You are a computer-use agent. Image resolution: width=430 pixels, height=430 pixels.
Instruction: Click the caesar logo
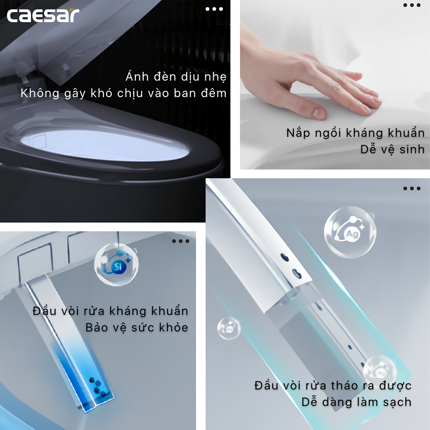coord(43,15)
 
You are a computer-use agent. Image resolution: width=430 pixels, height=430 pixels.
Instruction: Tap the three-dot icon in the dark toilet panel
coord(214,9)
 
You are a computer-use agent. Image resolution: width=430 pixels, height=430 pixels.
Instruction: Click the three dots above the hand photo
coord(412,5)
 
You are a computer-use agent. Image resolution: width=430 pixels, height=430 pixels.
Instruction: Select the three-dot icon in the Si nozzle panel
coord(181,241)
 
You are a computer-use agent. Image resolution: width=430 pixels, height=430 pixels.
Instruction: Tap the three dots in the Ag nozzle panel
coord(412,188)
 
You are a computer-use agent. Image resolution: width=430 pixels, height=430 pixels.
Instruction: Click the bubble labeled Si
coord(116,264)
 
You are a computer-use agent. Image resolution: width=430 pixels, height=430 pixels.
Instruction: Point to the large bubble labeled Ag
coord(350,232)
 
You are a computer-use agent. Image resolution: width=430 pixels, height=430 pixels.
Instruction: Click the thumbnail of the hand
coord(335,85)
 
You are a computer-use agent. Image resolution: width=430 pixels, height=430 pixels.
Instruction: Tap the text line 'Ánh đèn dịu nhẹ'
coord(176,76)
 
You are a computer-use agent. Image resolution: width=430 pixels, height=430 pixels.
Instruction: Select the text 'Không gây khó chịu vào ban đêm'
coord(124,93)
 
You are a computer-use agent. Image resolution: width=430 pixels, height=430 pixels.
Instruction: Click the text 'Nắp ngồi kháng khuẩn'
coord(356,133)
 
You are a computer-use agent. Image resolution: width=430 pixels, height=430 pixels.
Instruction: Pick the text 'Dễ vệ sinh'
coord(393,149)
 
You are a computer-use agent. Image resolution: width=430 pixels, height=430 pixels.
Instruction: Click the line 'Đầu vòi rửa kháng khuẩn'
coord(111,311)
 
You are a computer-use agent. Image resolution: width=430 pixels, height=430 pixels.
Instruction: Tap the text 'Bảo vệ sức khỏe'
coord(137,327)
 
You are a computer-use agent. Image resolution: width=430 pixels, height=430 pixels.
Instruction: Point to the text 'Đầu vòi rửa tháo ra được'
coord(333,385)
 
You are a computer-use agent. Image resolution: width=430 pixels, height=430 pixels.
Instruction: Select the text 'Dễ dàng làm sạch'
coord(356,402)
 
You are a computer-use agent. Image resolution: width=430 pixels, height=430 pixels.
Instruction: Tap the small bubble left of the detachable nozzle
coord(229,328)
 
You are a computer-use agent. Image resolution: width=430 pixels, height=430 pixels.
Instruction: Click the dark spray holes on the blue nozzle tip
coord(96,385)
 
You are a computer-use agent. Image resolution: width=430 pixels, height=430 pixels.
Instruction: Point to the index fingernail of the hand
coord(319,112)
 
